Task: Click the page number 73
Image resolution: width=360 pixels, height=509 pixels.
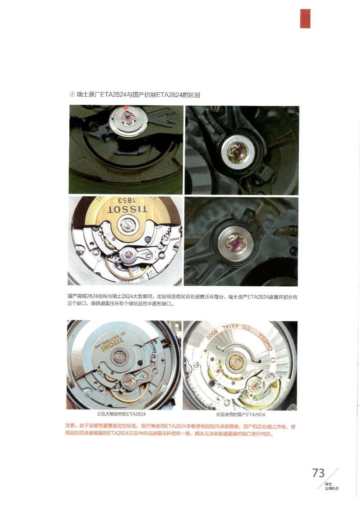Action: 318,473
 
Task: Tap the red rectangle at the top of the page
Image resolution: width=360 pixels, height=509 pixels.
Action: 305,18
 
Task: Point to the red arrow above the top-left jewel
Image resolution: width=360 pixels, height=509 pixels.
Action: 128,108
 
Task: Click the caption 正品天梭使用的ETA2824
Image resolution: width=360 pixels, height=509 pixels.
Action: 121,414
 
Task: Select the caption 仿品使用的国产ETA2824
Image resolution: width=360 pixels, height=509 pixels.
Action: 240,414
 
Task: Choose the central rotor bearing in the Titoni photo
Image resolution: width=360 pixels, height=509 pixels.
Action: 122,358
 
